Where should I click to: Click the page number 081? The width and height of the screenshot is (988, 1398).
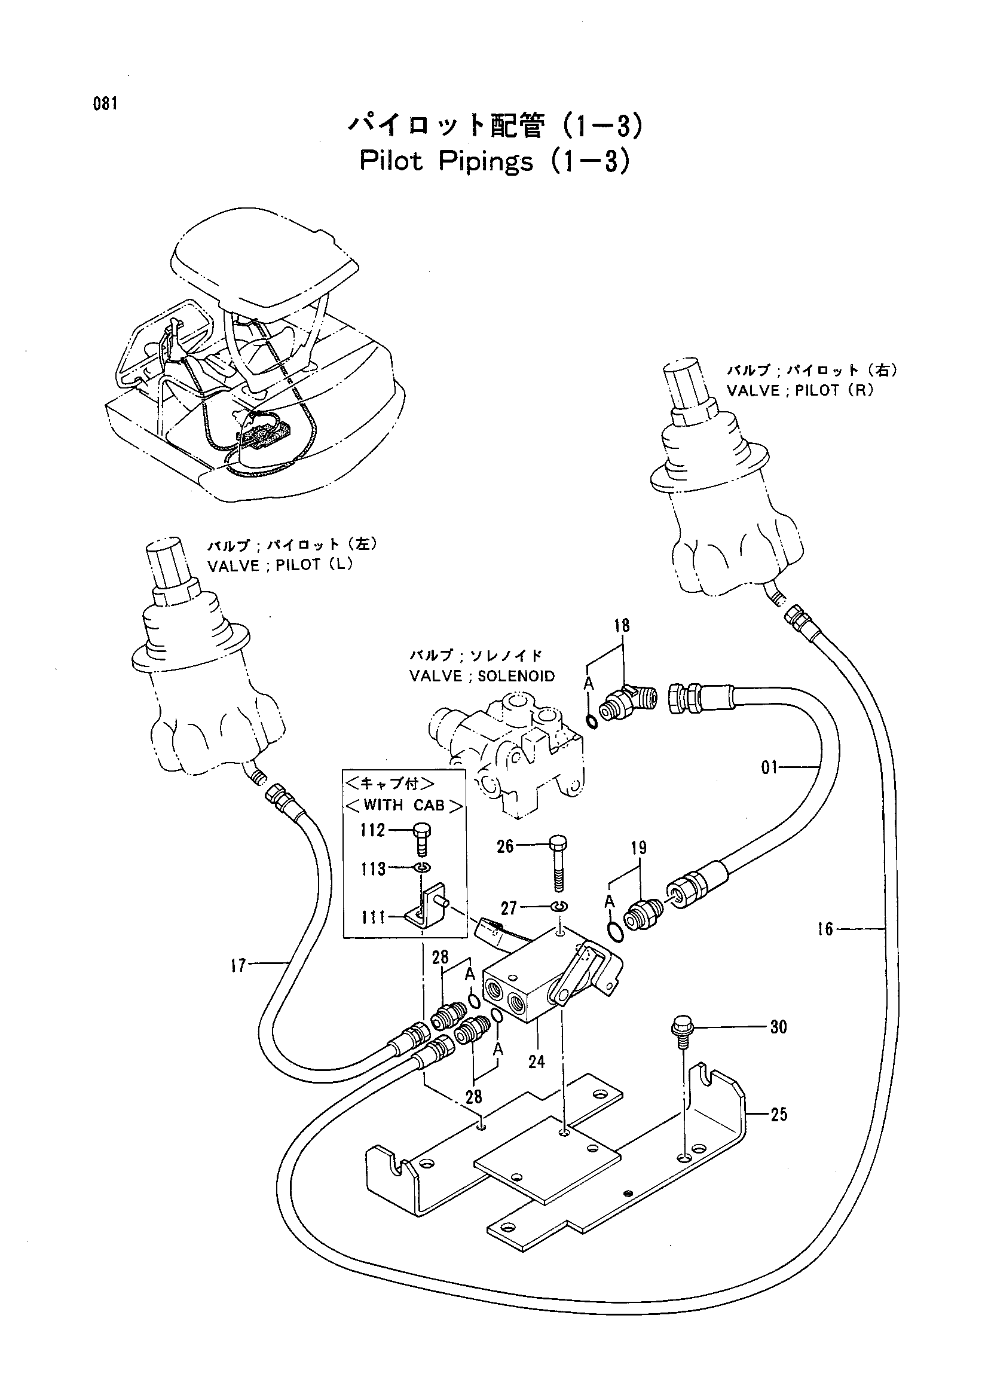tap(105, 103)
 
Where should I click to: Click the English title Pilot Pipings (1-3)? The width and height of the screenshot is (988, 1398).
tap(494, 162)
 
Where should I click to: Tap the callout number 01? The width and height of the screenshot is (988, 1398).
tap(770, 767)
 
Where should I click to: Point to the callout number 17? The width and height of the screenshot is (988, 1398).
tap(238, 965)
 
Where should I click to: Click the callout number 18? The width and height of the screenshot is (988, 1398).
tap(622, 625)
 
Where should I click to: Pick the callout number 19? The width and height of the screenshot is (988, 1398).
tap(638, 848)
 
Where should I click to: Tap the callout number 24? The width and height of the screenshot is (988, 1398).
tap(536, 1061)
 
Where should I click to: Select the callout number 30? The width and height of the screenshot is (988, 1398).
tap(779, 1027)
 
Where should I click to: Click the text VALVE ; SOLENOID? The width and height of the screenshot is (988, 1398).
tap(482, 676)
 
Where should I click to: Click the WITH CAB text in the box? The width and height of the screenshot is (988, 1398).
tap(404, 806)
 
